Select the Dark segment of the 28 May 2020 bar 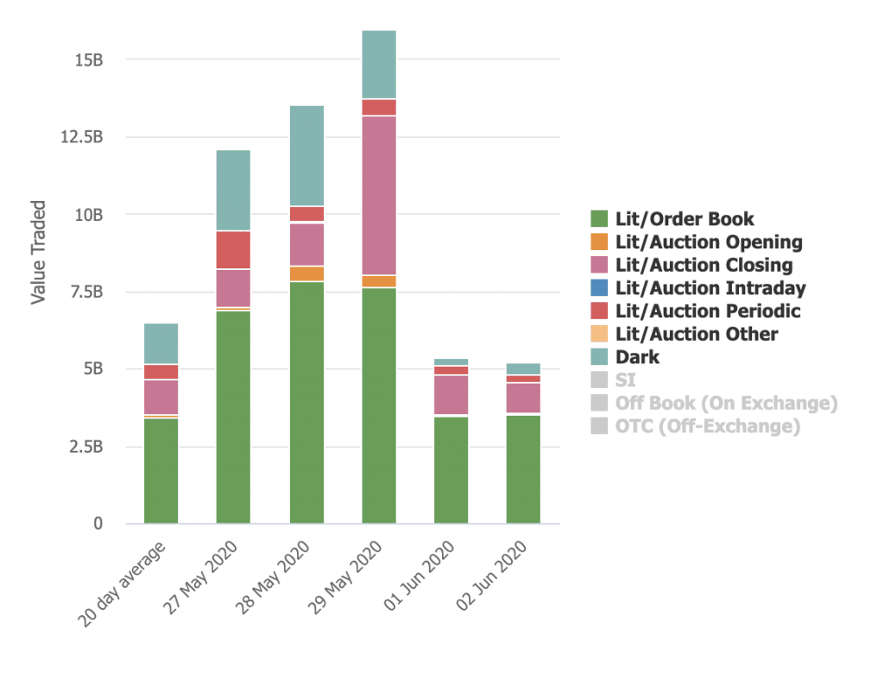[306, 155]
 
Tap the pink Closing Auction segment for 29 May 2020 [379, 195]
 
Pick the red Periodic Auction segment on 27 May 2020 [233, 250]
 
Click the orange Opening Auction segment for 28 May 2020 [306, 273]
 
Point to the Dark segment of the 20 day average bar [161, 343]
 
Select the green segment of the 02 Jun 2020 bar [523, 469]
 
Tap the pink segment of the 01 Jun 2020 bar [451, 394]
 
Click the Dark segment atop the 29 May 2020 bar [379, 65]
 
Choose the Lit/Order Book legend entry [684, 219]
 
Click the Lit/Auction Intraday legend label [710, 288]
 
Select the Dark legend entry [637, 357]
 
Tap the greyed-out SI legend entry [625, 380]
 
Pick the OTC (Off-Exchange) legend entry [707, 426]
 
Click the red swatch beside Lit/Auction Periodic [600, 311]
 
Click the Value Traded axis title [38, 253]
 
